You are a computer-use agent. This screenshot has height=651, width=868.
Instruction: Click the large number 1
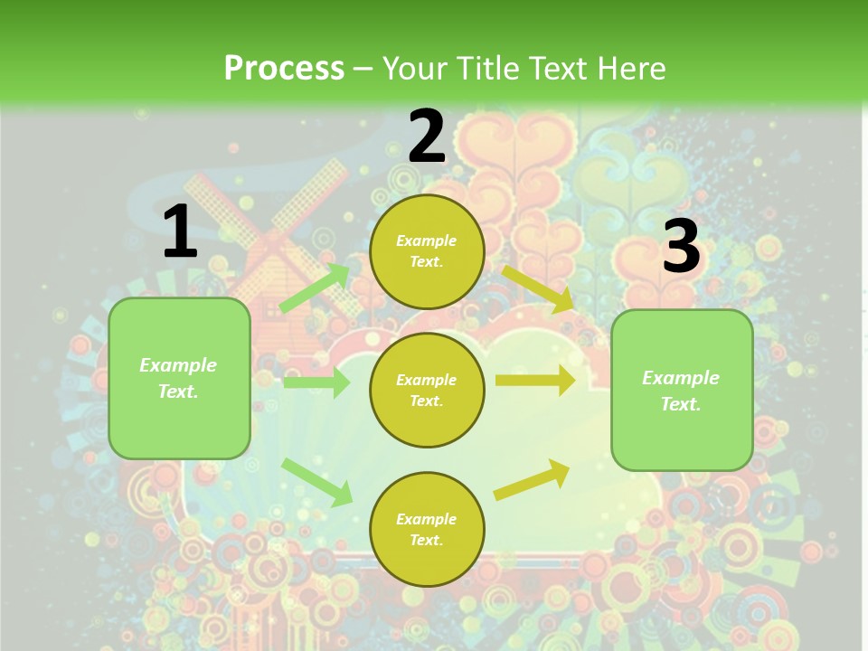180,232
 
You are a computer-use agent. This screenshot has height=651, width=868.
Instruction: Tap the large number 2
427,137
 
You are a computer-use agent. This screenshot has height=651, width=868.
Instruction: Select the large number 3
681,246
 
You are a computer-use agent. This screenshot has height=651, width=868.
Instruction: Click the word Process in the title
284,68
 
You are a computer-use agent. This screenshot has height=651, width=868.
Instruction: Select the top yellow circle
427,251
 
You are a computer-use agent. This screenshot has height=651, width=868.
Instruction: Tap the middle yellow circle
427,390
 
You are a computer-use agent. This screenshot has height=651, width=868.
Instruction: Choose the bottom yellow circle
427,529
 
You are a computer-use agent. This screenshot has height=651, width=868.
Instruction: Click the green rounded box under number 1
179,378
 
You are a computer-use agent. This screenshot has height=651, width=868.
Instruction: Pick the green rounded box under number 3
682,391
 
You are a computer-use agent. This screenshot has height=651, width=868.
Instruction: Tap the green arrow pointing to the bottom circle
317,482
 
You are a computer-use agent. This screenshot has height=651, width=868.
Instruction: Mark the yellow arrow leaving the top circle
539,288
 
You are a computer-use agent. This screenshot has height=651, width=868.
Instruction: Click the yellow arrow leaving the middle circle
535,381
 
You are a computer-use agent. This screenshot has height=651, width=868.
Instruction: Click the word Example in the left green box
178,365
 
